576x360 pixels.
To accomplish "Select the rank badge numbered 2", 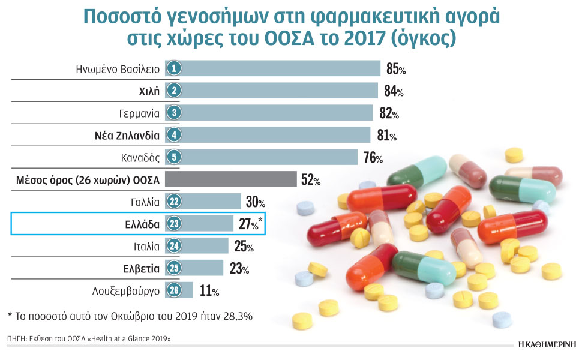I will [x=173, y=91].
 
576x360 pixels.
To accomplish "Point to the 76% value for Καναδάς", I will [x=373, y=158].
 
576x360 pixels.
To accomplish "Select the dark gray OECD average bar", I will [x=230, y=179].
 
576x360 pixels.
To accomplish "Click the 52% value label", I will [x=311, y=180].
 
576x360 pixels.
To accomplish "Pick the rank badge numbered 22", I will [x=173, y=202].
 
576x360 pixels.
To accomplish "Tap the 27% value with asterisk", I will [x=250, y=224].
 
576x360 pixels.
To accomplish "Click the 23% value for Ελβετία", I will [x=238, y=268].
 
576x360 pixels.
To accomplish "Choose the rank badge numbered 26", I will [x=173, y=290].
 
